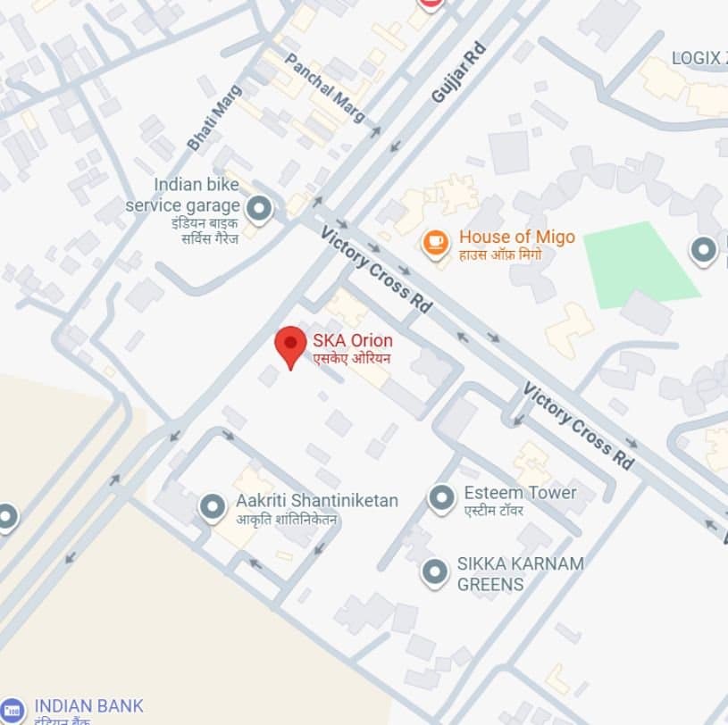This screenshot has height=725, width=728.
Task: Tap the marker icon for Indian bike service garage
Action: point(259,209)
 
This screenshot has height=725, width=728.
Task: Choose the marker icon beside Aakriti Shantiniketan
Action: point(213,507)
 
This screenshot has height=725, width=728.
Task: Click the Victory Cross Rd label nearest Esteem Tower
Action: point(579,427)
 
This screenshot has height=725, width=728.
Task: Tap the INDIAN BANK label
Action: point(88,705)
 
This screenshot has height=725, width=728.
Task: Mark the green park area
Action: point(640,266)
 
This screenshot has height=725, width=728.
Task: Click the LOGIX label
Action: point(696,58)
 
